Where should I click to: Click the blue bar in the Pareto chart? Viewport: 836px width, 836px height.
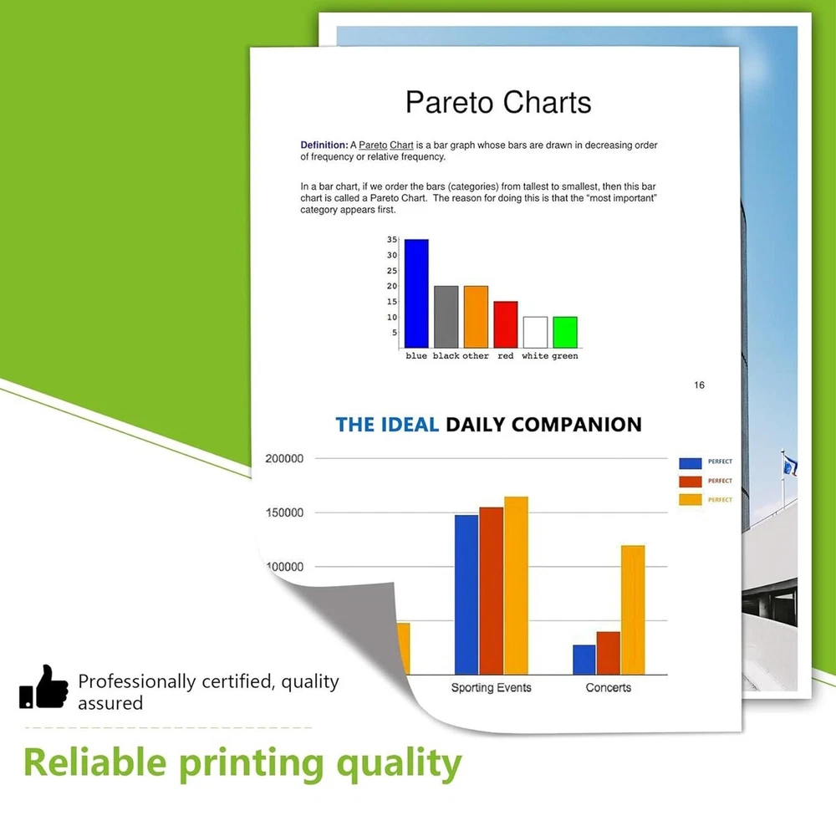416,293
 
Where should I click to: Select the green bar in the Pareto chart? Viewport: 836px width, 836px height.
565,332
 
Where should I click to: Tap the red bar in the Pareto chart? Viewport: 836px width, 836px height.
506,324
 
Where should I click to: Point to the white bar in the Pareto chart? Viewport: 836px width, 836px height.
535,332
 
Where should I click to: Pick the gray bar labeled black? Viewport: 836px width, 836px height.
446,317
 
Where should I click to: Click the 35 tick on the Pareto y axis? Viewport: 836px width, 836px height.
392,240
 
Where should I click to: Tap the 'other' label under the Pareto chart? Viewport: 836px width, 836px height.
476,355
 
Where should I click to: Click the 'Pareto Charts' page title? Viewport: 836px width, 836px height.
498,102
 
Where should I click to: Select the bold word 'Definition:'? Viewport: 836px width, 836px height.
324,145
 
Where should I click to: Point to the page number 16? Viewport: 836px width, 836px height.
699,385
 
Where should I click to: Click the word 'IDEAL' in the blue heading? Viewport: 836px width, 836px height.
410,425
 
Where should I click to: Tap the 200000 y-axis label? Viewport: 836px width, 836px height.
284,458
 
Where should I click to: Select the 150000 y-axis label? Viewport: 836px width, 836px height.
284,513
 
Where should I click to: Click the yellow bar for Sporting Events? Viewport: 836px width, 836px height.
516,585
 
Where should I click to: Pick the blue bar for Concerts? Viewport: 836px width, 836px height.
584,660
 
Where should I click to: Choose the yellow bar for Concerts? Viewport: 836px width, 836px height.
633,610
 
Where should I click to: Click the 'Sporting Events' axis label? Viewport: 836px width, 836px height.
491,688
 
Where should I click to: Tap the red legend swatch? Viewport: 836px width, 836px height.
690,482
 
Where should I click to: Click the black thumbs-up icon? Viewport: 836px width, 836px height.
43,686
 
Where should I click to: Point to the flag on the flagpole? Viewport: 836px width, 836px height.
790,465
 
